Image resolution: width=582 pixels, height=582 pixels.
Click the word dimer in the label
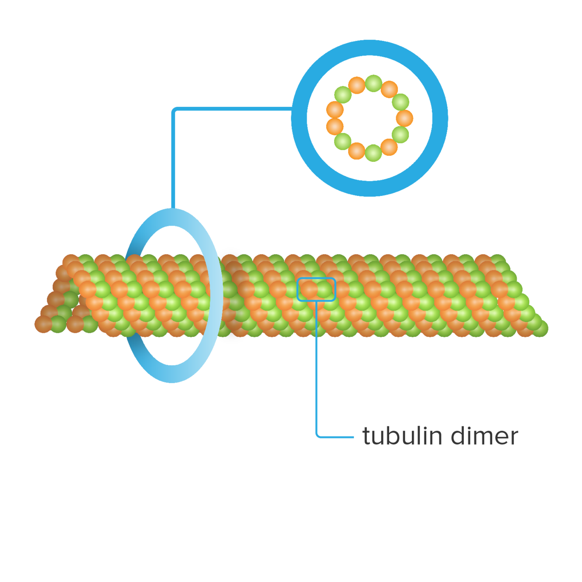(484, 436)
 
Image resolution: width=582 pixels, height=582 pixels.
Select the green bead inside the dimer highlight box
(325, 289)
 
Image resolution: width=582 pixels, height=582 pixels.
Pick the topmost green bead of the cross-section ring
(373, 83)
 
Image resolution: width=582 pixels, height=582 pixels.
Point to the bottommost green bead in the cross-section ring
(373, 153)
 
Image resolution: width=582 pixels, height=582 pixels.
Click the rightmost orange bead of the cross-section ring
(404, 118)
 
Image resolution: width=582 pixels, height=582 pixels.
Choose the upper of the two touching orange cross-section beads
(335, 110)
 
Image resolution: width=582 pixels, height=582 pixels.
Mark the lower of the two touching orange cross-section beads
(335, 127)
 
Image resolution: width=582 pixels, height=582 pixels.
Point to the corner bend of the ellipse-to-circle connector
(175, 110)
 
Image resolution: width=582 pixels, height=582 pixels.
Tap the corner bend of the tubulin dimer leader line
(317, 436)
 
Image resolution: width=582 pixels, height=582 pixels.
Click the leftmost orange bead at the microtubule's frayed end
(43, 324)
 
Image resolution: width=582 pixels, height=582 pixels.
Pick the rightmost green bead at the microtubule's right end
(541, 329)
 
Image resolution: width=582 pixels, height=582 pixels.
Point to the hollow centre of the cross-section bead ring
(370, 118)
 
